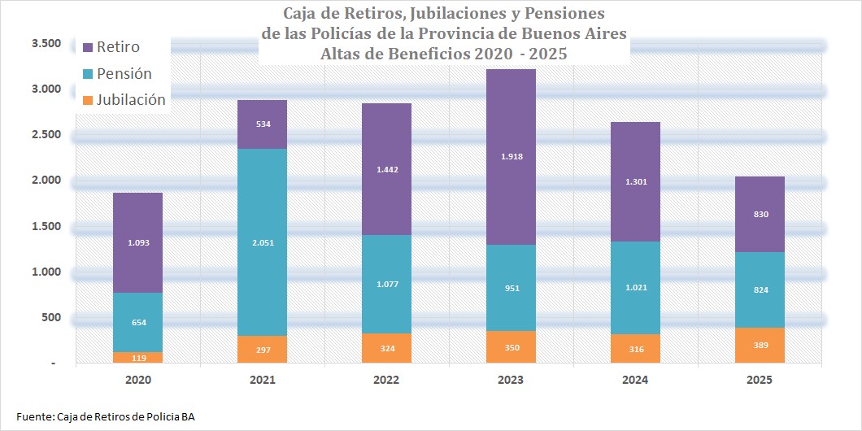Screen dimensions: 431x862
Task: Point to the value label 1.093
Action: tap(138, 242)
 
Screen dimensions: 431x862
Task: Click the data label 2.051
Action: tap(263, 242)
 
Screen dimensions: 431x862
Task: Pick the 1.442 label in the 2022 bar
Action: tap(387, 169)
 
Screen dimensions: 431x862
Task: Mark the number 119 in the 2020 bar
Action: tap(138, 357)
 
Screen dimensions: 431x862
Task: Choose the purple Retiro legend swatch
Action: tap(88, 46)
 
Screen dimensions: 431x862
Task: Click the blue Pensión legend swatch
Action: tap(88, 73)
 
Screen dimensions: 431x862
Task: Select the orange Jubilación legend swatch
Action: tap(88, 100)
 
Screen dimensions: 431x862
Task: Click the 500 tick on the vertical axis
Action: tap(50, 317)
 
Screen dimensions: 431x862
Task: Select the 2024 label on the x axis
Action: tap(635, 380)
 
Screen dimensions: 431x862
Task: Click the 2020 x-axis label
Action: tap(138, 380)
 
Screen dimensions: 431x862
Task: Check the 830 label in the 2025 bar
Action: tap(760, 214)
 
